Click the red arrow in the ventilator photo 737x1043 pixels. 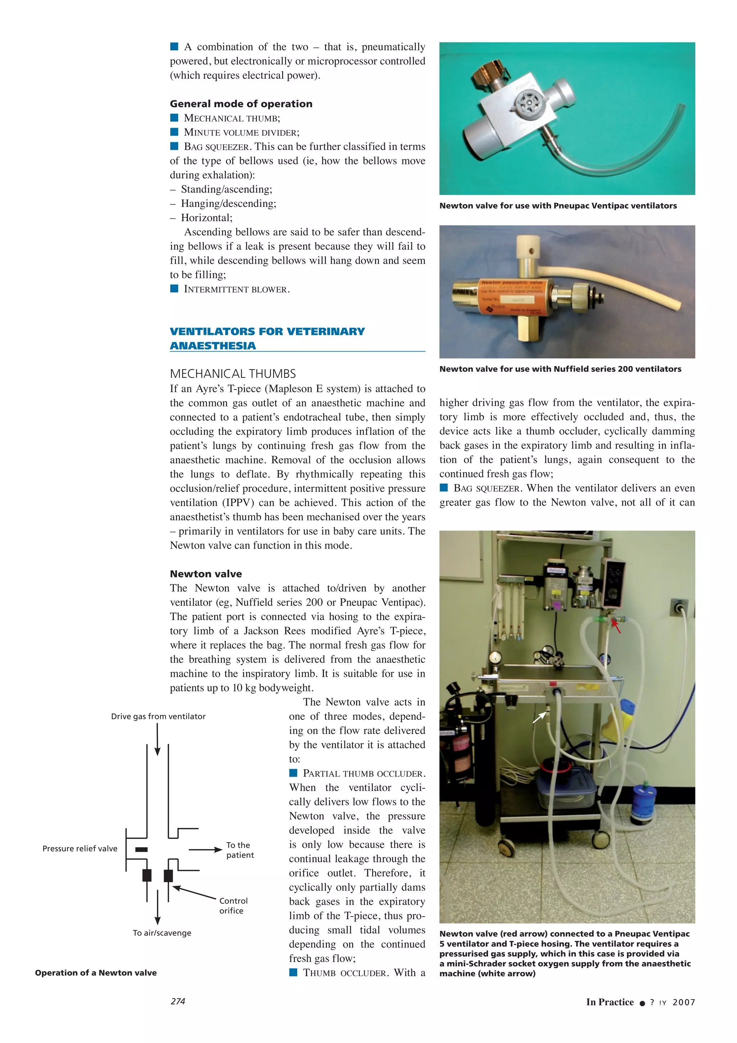(x=616, y=627)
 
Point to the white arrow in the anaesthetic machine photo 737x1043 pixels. (x=539, y=717)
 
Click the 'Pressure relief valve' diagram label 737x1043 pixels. (x=80, y=849)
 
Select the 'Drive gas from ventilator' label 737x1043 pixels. (x=158, y=716)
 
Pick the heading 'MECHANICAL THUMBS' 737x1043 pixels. (x=232, y=374)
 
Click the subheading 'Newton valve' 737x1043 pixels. (x=206, y=574)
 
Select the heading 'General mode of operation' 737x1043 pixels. (x=241, y=104)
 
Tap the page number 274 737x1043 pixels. (x=177, y=1001)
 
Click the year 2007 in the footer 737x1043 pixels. (x=683, y=1002)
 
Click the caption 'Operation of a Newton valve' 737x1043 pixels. (x=96, y=972)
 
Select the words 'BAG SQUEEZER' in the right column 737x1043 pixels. (x=486, y=488)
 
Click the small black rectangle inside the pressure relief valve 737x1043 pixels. (x=141, y=849)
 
